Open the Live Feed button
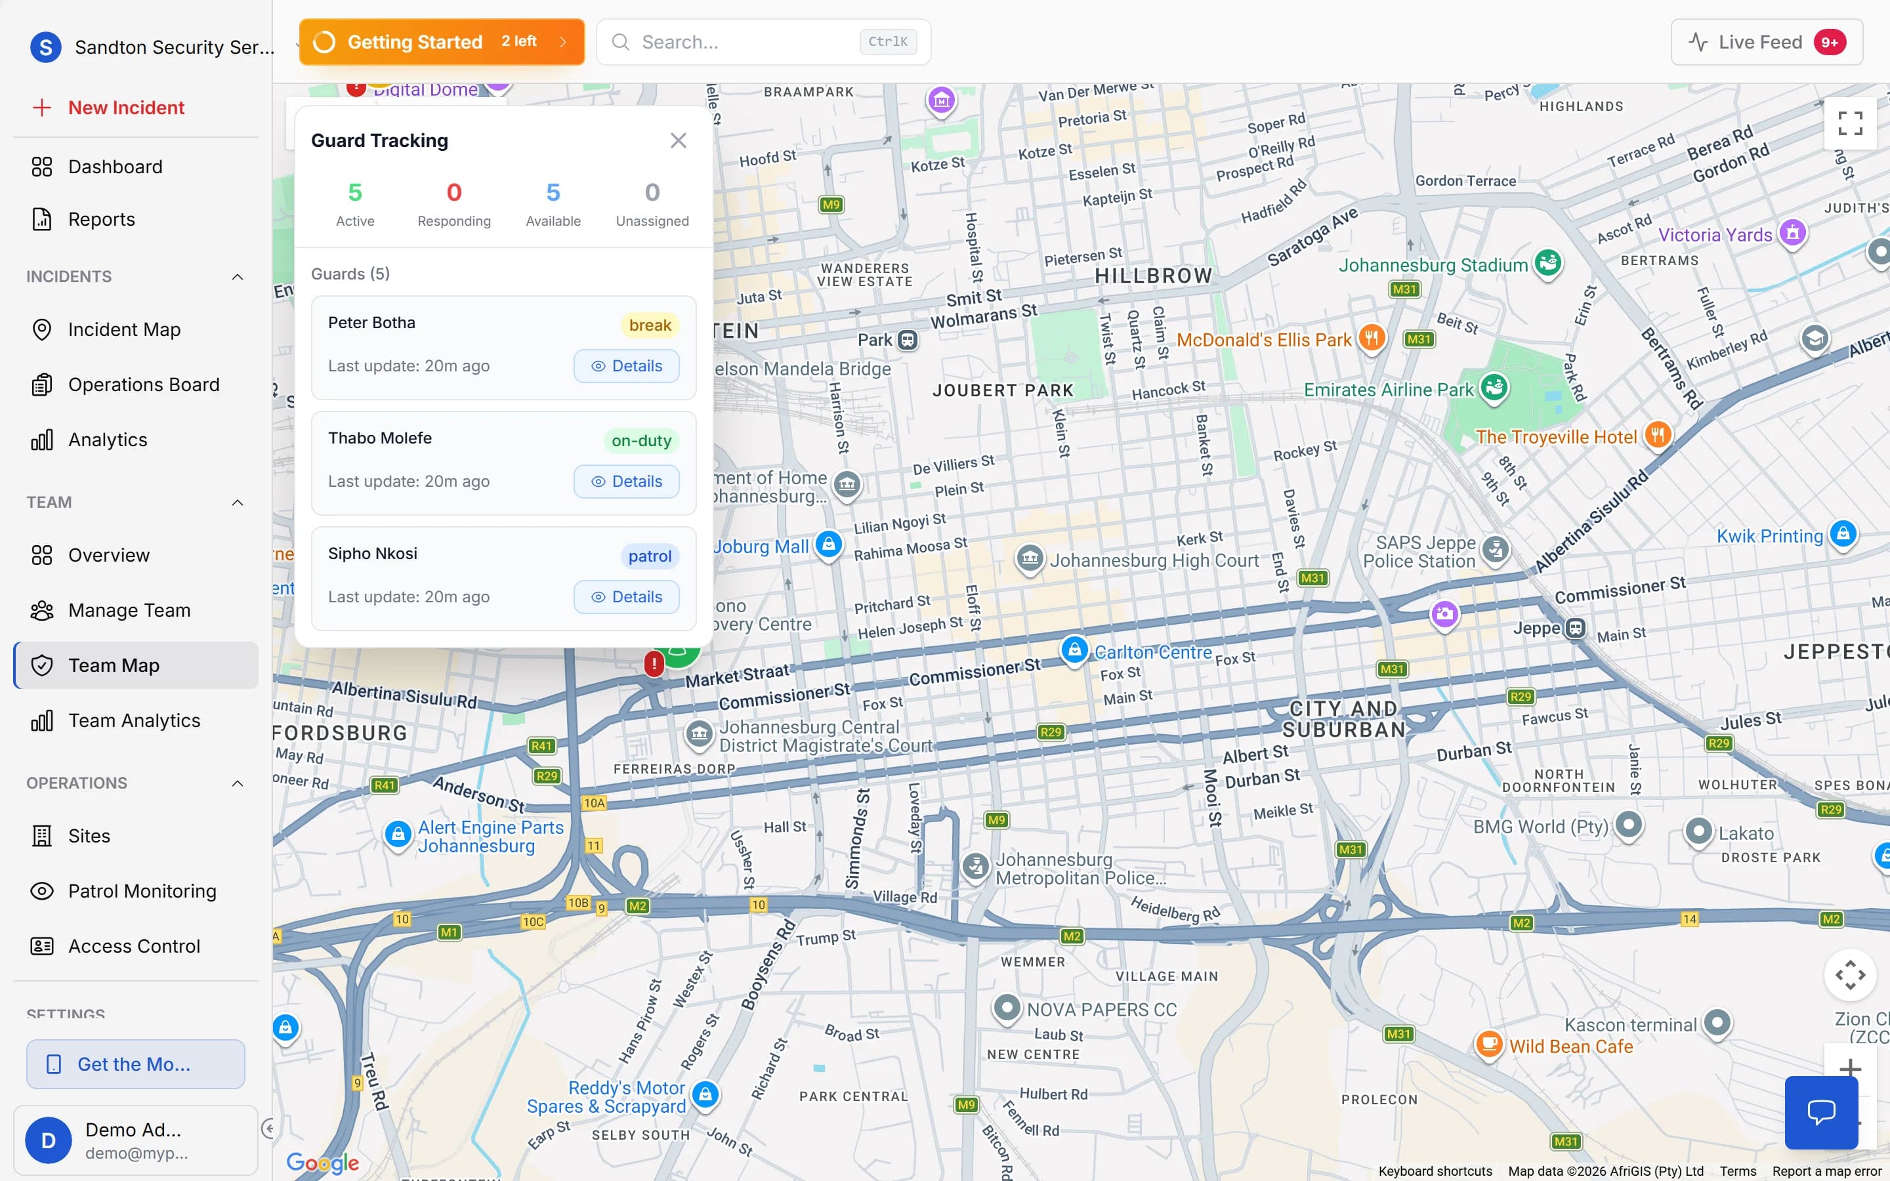tap(1766, 42)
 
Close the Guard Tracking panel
tap(678, 140)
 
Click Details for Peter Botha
tap(625, 366)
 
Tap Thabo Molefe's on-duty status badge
tap(640, 440)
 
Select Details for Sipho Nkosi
tap(625, 597)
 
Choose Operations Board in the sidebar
tap(143, 385)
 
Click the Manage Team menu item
tap(129, 610)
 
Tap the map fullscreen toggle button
tap(1849, 123)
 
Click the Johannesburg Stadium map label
tap(1433, 266)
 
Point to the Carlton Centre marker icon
tap(1074, 649)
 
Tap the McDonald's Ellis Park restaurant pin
tap(1372, 338)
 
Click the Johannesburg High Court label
tap(1154, 560)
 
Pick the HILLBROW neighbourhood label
tap(1153, 276)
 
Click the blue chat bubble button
tap(1820, 1111)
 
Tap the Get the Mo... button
tap(135, 1064)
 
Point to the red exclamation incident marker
tap(654, 663)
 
